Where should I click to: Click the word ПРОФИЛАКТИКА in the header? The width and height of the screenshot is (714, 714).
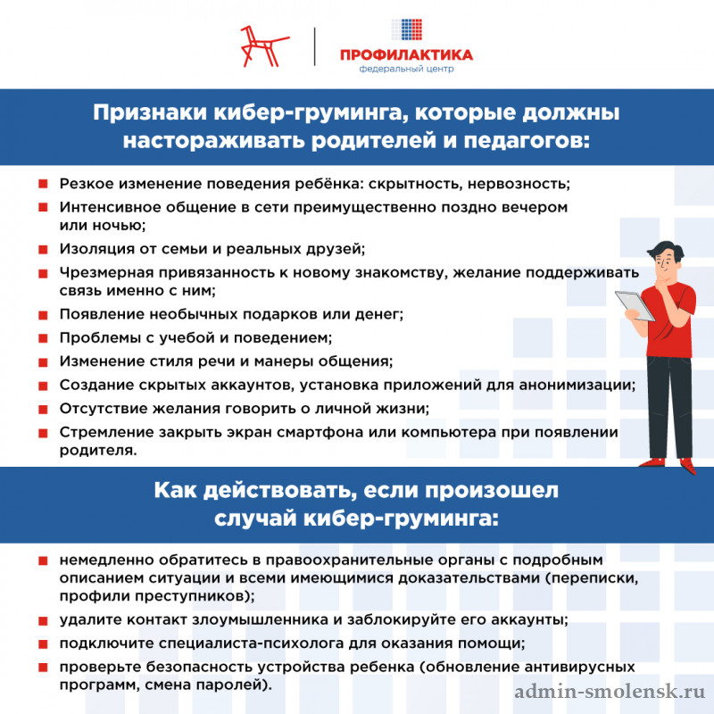pos(406,55)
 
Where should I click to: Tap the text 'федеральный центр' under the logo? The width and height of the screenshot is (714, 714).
pos(406,69)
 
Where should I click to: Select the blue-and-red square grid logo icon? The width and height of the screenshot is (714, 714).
pos(406,30)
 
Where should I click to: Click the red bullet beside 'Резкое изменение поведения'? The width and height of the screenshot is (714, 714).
pos(42,185)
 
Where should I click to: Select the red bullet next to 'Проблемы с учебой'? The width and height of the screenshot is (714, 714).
pos(42,338)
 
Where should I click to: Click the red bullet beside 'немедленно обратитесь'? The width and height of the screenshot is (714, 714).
pos(42,561)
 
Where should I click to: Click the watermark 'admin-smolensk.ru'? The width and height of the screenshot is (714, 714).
pos(610,692)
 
